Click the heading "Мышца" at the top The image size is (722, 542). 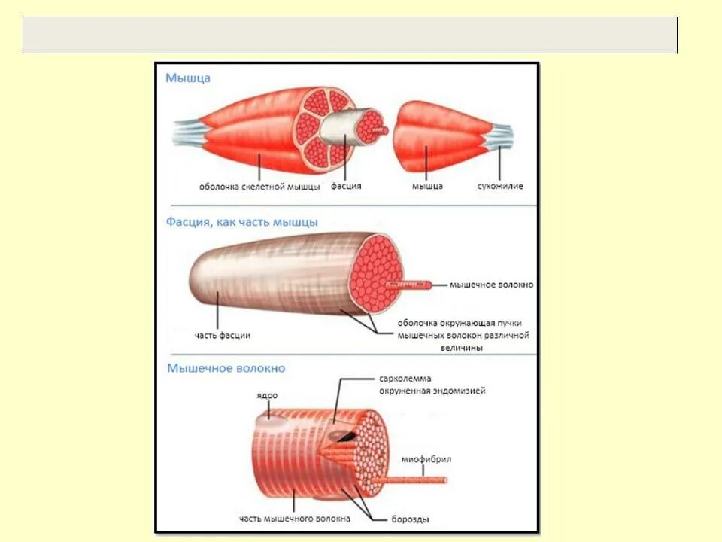[188, 78]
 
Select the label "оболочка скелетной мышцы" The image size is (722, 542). [259, 186]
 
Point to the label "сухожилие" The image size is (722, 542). [500, 186]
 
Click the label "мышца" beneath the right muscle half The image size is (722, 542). [427, 186]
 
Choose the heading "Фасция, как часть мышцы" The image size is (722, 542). [241, 222]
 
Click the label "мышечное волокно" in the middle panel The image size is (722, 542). [491, 285]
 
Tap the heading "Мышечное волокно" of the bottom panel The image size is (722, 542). [226, 369]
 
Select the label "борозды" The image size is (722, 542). [411, 519]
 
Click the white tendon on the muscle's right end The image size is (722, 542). [497, 135]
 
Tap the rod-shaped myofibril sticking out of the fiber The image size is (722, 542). [421, 479]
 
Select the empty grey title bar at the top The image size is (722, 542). [350, 35]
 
